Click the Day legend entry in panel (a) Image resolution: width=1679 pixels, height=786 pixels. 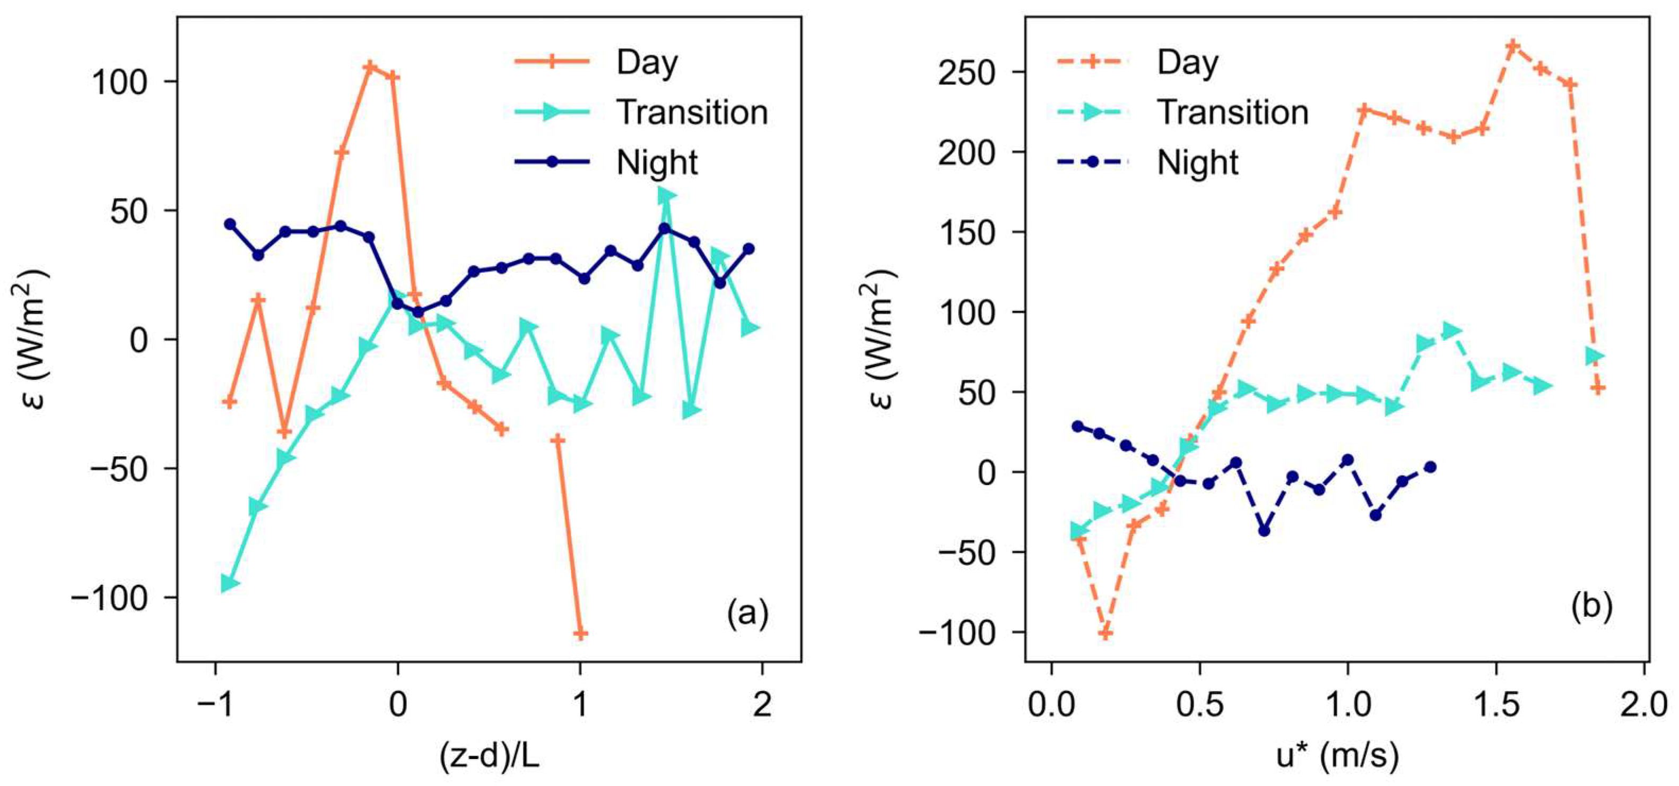(647, 63)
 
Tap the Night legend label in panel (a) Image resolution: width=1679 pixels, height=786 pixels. (656, 162)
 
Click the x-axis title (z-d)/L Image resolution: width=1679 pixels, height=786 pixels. (490, 757)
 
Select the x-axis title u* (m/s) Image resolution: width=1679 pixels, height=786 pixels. (1337, 757)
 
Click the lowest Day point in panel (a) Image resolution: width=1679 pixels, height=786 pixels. (580, 633)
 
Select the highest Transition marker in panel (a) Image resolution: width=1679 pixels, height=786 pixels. (665, 194)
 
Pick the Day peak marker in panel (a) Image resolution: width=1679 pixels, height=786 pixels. (370, 67)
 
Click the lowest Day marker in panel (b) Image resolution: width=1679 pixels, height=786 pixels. (1106, 633)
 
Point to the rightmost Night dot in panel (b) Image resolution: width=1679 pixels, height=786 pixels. (1430, 467)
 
